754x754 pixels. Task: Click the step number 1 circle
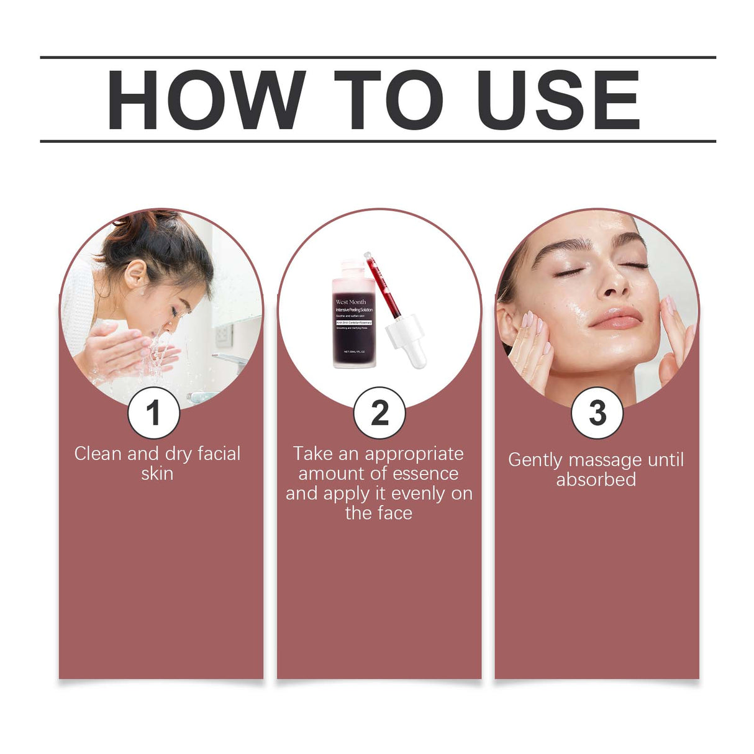pos(153,413)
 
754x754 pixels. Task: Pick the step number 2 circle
pos(379,413)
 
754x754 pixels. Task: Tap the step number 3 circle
pos(597,413)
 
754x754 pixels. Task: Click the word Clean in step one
pos(98,454)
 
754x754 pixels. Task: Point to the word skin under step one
pos(157,474)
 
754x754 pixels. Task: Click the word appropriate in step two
pos(414,454)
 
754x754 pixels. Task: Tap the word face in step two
pos(396,513)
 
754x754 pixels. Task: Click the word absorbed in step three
pos(596,480)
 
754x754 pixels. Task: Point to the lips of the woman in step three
pos(615,317)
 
